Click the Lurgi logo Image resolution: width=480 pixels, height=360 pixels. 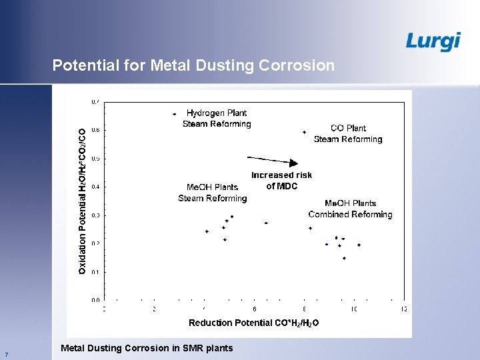(x=433, y=41)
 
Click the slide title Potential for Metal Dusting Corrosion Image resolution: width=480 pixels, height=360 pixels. (x=193, y=65)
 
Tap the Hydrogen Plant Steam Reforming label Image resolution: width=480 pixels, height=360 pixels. (x=217, y=119)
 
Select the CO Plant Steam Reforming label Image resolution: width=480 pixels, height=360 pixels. (x=348, y=133)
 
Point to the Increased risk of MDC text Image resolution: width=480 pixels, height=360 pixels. (x=281, y=181)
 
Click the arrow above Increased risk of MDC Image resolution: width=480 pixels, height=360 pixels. (x=273, y=161)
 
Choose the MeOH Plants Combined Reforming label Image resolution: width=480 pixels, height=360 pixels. (x=350, y=209)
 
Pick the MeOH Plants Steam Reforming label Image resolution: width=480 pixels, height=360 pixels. (x=213, y=193)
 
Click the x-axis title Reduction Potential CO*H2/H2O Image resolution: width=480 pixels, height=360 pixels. (x=253, y=323)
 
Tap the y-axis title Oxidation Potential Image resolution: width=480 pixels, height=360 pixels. (x=82, y=201)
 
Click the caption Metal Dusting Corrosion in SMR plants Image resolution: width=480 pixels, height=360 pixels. (x=147, y=348)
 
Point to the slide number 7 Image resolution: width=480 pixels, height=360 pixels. (x=6, y=354)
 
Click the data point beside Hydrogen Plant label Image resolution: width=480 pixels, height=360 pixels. (x=175, y=114)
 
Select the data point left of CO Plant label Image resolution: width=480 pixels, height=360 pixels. (x=305, y=132)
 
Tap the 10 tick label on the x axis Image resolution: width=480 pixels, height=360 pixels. (x=355, y=309)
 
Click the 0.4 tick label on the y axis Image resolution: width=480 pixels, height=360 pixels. (x=95, y=187)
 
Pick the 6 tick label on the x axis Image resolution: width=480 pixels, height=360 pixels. (x=255, y=309)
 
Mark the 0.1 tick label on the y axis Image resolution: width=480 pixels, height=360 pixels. (x=95, y=272)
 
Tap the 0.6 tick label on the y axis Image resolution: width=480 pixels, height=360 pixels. (x=95, y=130)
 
